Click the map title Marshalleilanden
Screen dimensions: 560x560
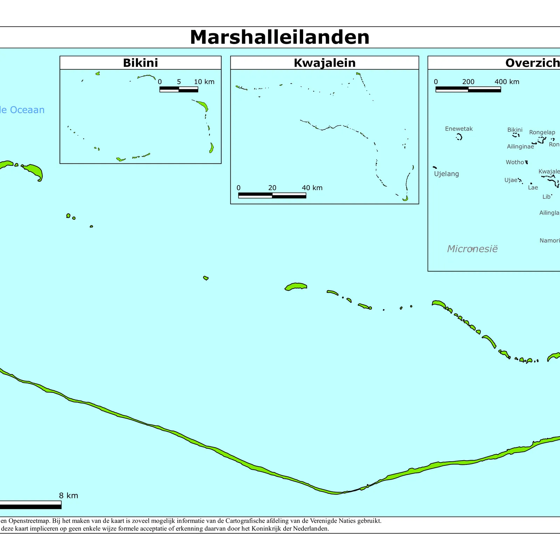(x=279, y=37)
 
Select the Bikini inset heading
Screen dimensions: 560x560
(x=140, y=63)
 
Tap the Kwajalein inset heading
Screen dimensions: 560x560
(x=324, y=63)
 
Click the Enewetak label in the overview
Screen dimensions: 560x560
(x=458, y=129)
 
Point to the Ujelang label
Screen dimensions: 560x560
(x=446, y=174)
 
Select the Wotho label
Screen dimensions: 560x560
(x=514, y=162)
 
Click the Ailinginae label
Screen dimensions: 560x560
(x=520, y=147)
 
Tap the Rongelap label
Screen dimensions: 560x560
(x=542, y=132)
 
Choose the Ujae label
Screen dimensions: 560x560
(x=511, y=180)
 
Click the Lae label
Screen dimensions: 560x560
(x=533, y=188)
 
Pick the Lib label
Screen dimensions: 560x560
(x=546, y=197)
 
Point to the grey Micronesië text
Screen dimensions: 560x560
(x=472, y=249)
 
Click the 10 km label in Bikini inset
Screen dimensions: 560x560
(x=204, y=82)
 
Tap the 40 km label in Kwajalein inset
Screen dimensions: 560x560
(x=312, y=188)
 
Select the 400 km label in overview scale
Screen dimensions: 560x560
(x=506, y=82)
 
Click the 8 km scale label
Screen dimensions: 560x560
(x=68, y=496)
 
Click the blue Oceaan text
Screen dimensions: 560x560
(x=27, y=110)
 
